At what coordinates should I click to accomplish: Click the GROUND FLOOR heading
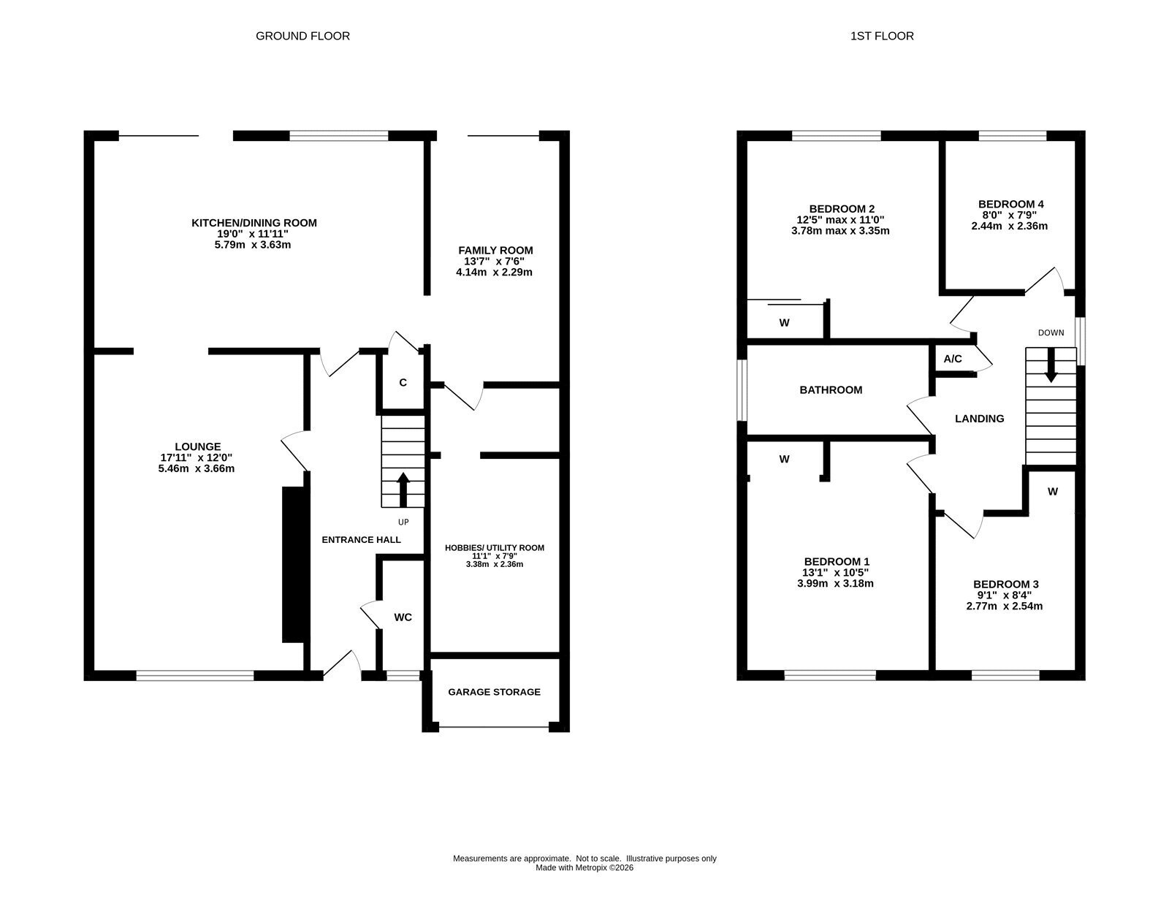tap(302, 36)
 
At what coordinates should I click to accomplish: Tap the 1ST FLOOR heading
tap(882, 36)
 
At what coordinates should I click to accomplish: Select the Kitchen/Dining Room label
tap(254, 223)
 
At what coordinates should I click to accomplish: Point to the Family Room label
tap(495, 250)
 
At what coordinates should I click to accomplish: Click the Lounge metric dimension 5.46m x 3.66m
tap(197, 468)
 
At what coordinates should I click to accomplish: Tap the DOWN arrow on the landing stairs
tap(1051, 365)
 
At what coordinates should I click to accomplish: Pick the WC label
tap(403, 617)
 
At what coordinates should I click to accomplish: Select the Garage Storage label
tap(494, 692)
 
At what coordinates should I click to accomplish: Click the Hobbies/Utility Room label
tap(495, 548)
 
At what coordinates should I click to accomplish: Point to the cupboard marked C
tap(403, 382)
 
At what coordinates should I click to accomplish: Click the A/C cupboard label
tap(953, 359)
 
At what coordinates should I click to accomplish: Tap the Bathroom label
tap(831, 390)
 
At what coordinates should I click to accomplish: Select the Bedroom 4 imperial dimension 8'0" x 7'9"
tap(1008, 215)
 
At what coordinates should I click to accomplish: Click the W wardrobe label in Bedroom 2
tap(785, 323)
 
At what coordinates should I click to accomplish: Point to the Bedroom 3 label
tap(1005, 584)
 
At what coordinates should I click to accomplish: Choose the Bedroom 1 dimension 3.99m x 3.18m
tap(835, 584)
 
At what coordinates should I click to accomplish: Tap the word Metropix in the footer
tap(590, 867)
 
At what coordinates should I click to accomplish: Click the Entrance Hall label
tap(361, 539)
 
